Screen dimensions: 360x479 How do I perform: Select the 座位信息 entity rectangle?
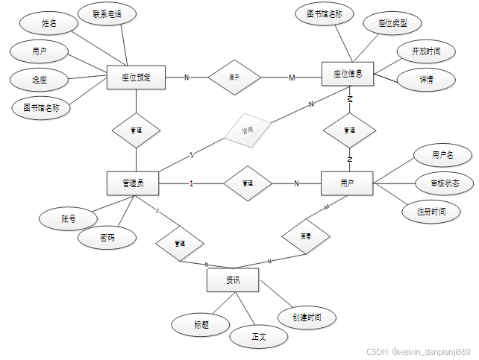348,74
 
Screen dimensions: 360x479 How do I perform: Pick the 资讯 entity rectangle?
233,280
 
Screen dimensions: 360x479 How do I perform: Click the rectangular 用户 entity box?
346,183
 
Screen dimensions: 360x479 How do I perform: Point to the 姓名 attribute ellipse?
49,24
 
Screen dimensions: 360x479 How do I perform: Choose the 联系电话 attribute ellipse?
106,14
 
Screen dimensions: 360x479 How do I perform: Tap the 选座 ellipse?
39,79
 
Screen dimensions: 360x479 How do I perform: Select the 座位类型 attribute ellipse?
392,23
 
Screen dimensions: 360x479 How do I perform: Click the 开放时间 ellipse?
426,51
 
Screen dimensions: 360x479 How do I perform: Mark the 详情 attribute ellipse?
426,80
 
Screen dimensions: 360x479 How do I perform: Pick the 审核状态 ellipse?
445,183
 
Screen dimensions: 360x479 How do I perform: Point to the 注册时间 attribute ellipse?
432,212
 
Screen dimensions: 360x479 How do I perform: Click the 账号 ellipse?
69,219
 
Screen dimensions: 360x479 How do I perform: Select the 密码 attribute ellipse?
107,239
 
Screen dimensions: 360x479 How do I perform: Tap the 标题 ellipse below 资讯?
201,325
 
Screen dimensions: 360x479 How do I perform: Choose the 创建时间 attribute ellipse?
307,317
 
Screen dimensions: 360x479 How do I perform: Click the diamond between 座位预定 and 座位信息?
234,77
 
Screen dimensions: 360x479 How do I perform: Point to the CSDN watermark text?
419,351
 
